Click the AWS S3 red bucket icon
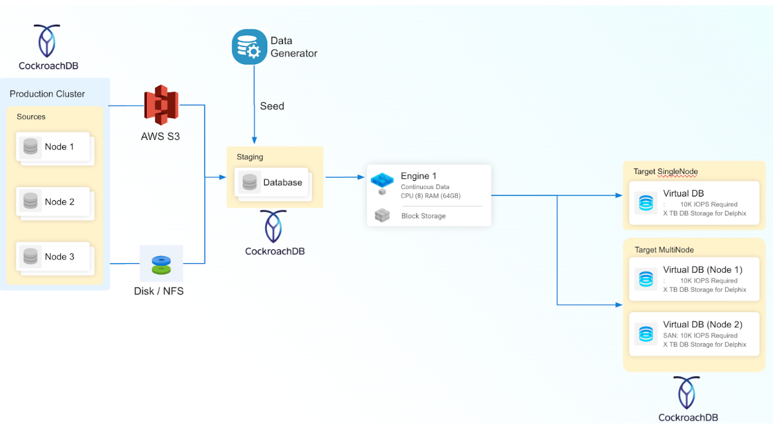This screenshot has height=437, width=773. [161, 105]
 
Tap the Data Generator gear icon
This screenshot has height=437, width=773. [250, 46]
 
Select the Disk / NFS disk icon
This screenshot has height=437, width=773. [161, 264]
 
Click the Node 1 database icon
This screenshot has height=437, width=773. [30, 148]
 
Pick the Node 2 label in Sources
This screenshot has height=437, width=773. [60, 202]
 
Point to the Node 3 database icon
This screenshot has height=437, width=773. [30, 257]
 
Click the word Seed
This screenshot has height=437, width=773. [272, 106]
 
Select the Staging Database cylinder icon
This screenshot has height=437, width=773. [250, 183]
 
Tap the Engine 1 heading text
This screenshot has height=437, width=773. [418, 176]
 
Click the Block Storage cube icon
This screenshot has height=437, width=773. [381, 216]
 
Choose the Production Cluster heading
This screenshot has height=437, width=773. [47, 94]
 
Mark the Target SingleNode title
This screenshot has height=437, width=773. [666, 171]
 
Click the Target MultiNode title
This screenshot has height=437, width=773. [664, 250]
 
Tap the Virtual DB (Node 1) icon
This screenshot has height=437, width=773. [646, 279]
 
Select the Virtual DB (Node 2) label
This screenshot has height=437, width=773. [702, 325]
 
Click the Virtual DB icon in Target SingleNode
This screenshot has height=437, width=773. [646, 203]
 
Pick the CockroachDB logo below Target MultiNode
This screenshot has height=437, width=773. [688, 392]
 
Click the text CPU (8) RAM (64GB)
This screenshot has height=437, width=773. [430, 196]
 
